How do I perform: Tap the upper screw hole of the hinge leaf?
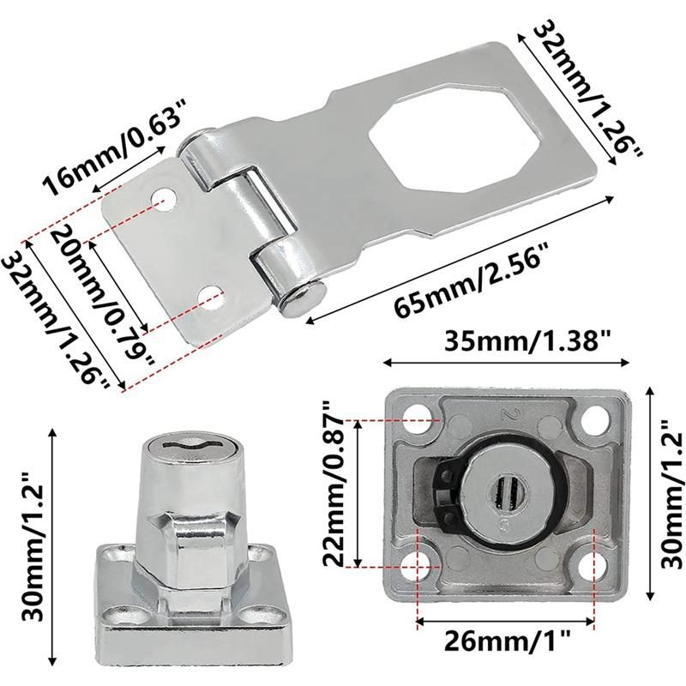pyautogui.click(x=165, y=198)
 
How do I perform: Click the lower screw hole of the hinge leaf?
pyautogui.click(x=211, y=296)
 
